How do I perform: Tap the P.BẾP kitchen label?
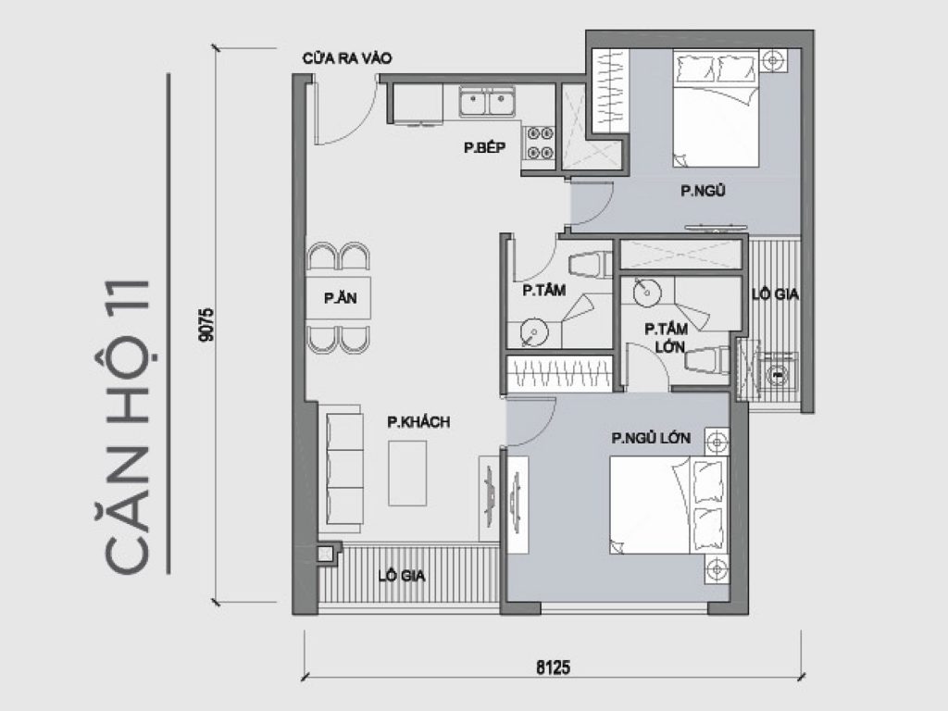coord(484,145)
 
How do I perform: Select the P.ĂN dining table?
coord(339,298)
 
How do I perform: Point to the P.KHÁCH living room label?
coord(418,423)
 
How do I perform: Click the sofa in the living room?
coord(344,470)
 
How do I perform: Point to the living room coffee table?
coord(407,472)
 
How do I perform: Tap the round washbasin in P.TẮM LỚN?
coord(646,293)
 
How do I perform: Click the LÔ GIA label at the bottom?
coord(403,575)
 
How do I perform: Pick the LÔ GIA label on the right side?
coord(776,295)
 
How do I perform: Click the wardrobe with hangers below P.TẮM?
coord(558,374)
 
